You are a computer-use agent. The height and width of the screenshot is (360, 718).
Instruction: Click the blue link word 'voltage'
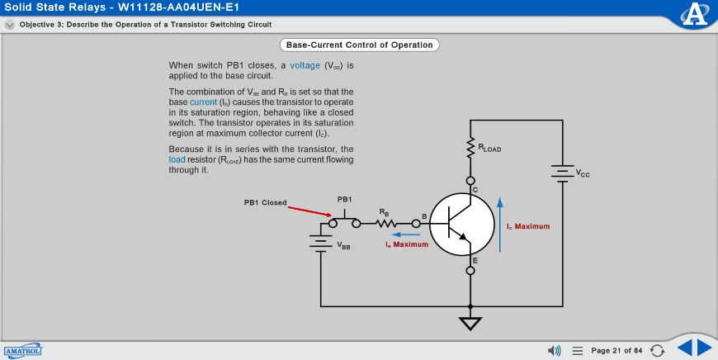[x=305, y=65]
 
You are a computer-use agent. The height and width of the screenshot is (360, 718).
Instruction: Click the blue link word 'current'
[x=204, y=102]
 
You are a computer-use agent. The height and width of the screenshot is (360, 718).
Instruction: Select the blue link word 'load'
[x=177, y=159]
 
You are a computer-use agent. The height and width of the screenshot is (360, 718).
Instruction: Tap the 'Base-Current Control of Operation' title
[x=358, y=45]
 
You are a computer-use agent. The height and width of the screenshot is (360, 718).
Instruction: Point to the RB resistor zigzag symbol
[x=385, y=223]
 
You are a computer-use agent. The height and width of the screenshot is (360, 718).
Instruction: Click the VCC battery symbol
[x=562, y=173]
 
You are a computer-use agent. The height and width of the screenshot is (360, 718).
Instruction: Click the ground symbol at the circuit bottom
[x=470, y=323]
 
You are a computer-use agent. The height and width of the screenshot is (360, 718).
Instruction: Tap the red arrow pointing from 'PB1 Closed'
[x=309, y=211]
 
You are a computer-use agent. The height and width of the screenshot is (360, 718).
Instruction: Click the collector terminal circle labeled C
[x=470, y=181]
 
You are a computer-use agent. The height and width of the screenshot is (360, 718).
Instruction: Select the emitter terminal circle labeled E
[x=470, y=270]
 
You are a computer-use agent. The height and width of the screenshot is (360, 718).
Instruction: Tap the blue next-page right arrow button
[x=704, y=348]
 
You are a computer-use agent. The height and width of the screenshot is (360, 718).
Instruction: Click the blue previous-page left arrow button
[x=684, y=348]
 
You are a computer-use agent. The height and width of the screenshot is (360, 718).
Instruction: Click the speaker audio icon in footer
[x=555, y=351]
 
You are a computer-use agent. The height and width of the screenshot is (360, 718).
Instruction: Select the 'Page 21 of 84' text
[x=616, y=351]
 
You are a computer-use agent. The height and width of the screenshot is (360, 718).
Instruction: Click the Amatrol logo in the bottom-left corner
[x=22, y=351]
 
